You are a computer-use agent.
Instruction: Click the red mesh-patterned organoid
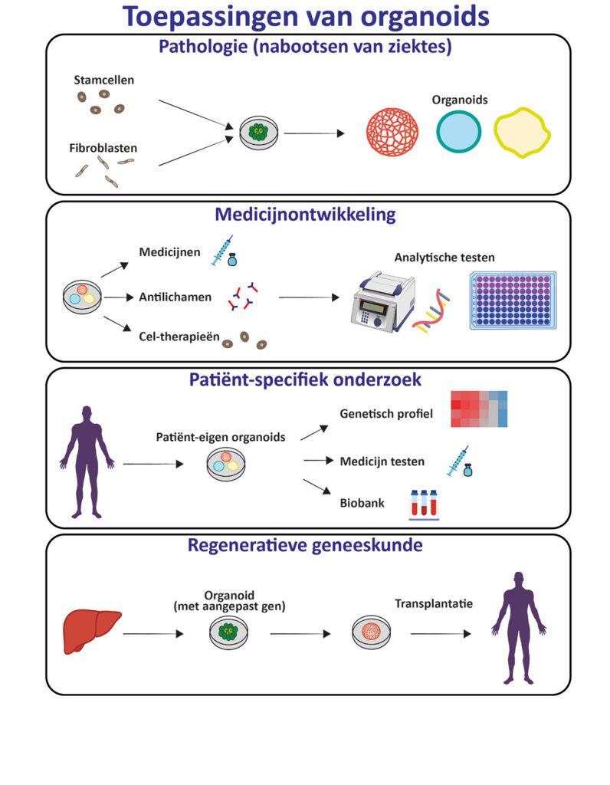(393, 133)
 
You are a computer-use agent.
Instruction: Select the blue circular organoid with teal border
(460, 133)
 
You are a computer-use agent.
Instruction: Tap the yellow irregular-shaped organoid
(523, 133)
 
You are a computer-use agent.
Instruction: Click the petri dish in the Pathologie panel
(260, 133)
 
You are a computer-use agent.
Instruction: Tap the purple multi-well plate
(513, 301)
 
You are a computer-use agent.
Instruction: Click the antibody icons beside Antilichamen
(242, 297)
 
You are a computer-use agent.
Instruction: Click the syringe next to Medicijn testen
(457, 461)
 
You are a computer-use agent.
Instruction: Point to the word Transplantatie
(433, 604)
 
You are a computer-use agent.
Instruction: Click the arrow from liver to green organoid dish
(153, 635)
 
